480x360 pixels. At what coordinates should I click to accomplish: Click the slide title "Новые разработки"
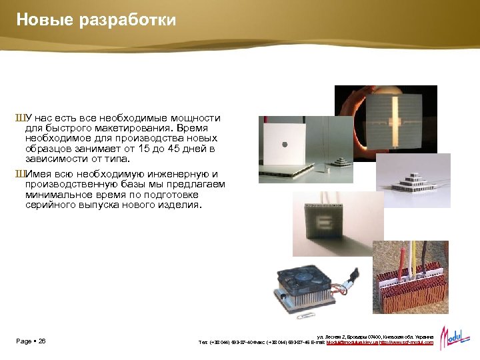point(96,20)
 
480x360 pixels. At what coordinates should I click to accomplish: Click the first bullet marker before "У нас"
point(19,118)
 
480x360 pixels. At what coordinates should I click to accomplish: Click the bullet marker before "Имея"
point(19,174)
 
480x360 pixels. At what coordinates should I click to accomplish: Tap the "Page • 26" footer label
point(31,341)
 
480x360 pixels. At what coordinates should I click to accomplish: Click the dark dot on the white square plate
point(285,143)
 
